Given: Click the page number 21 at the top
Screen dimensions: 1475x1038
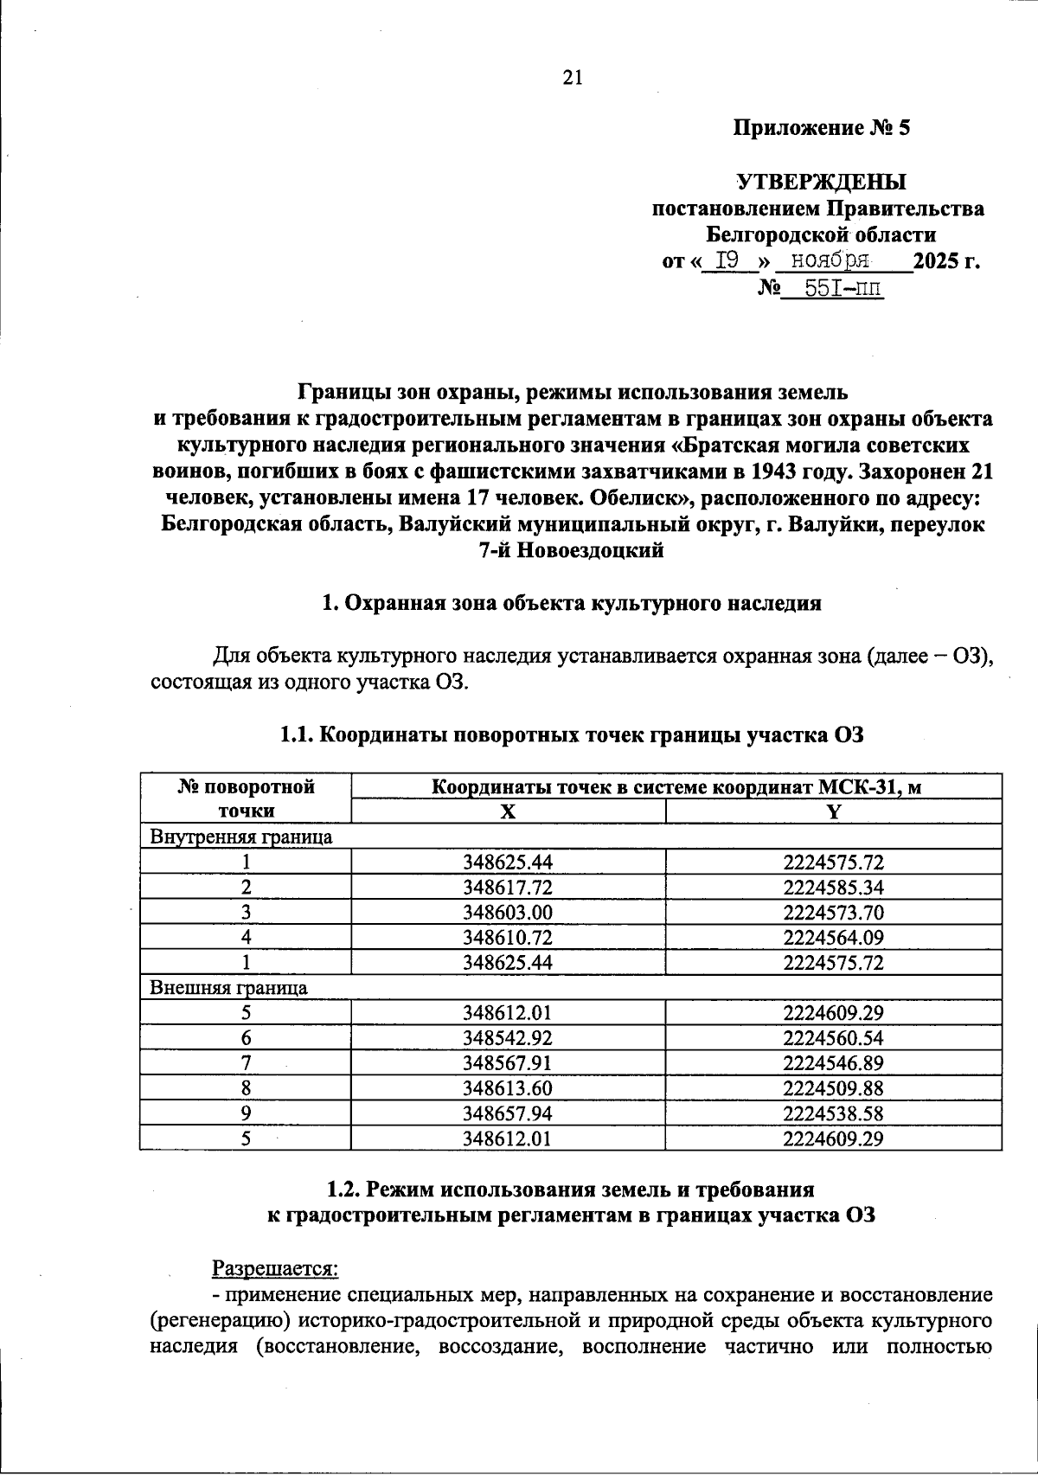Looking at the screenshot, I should tap(573, 78).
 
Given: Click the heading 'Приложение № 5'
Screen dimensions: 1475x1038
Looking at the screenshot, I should tap(822, 129).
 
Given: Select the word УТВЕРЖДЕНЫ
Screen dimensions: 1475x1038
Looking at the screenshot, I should tap(821, 183).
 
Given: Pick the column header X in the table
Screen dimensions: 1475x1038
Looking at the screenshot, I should tap(509, 811).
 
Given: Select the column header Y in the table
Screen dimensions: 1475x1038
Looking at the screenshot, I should tap(834, 811).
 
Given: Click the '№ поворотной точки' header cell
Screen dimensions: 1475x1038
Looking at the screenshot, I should tap(246, 798).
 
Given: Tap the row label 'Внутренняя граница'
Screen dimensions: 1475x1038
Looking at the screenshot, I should tap(241, 837).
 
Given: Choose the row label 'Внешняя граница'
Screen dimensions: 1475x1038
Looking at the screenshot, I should tap(229, 988).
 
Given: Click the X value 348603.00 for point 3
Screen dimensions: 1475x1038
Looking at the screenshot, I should tap(509, 913).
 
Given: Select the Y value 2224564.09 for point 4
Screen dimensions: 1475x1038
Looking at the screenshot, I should tap(834, 938).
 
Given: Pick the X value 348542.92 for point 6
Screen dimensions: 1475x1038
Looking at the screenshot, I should tap(509, 1038).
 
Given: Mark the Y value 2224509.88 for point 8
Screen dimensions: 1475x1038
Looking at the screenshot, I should tap(834, 1088).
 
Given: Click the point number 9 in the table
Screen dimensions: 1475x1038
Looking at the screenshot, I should tap(246, 1113).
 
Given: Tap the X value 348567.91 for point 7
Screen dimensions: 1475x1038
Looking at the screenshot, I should tap(509, 1063).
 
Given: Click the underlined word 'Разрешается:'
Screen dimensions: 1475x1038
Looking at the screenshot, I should tap(275, 1268).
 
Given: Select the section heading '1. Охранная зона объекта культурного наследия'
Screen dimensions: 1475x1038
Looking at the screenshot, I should tap(571, 604).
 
